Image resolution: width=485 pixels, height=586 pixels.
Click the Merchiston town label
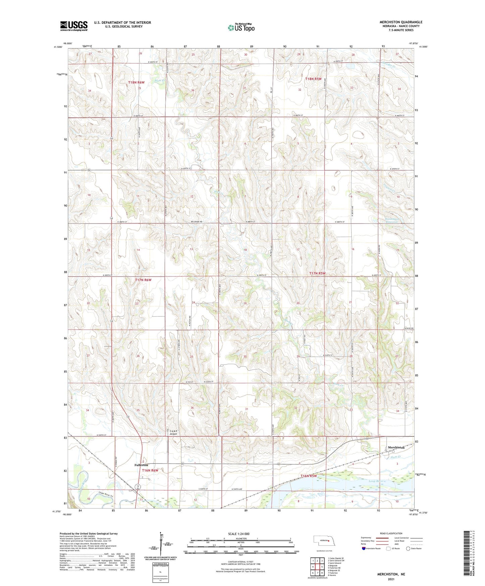point(396,447)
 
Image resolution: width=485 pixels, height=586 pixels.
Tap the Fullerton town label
point(141,465)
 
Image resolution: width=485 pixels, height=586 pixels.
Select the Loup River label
point(376,481)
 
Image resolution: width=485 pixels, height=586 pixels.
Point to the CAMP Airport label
point(173,433)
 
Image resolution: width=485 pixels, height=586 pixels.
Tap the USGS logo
point(74,26)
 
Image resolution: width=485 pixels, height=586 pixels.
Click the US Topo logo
point(241,28)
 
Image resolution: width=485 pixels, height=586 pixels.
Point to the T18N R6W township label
point(136,82)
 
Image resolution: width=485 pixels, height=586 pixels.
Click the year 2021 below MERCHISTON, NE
point(391,579)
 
